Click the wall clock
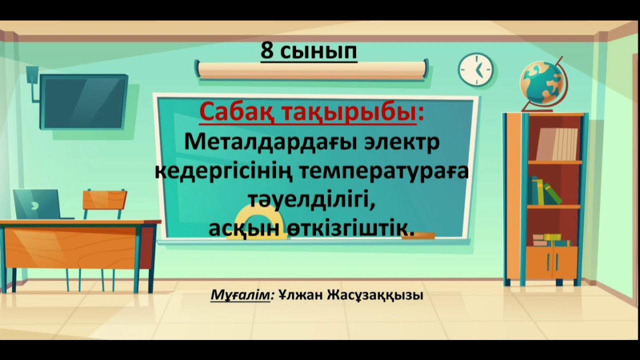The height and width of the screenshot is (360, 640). pos(475,69)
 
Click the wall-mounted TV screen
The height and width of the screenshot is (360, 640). pos(83,101)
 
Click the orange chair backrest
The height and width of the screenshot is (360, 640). pos(104,199)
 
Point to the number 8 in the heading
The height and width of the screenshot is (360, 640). pos(267,51)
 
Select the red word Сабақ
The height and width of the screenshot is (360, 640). pos(235,114)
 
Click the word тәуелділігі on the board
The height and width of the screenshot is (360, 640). pos(311,200)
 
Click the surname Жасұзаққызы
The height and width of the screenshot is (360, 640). pos(375,295)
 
